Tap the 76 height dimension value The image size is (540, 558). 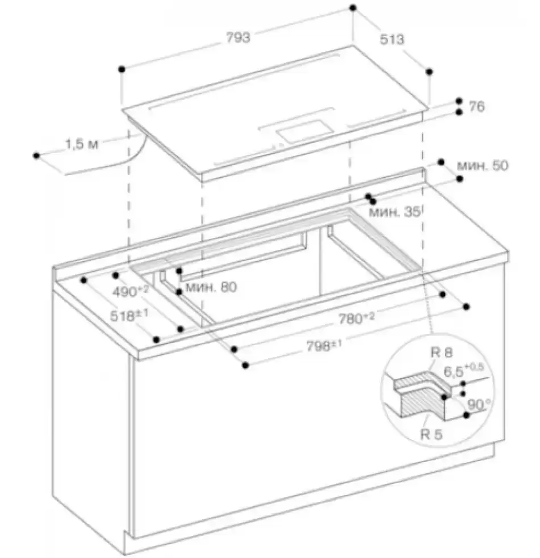tap(477, 106)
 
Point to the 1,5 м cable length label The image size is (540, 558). tap(82, 144)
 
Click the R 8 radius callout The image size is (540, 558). tap(441, 353)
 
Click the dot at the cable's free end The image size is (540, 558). tap(37, 154)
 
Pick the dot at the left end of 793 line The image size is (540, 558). tap(122, 69)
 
